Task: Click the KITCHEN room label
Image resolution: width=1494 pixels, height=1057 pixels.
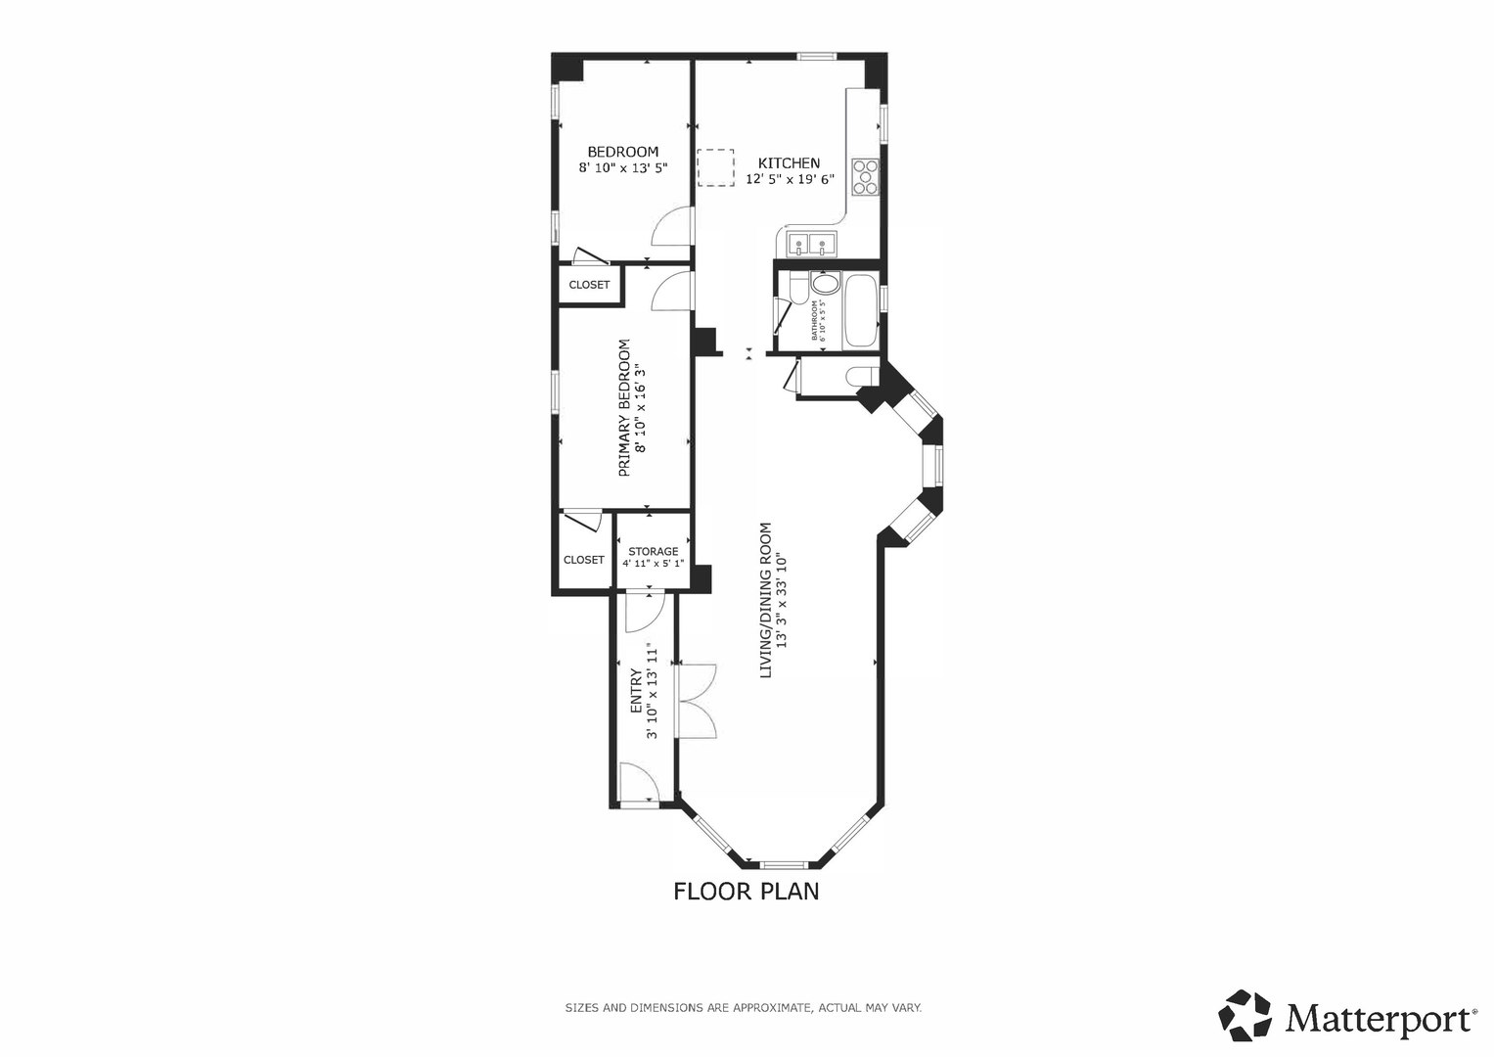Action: pos(790,163)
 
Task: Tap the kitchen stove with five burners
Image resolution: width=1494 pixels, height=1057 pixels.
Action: pos(866,177)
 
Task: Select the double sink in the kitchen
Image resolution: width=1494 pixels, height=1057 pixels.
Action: pos(810,243)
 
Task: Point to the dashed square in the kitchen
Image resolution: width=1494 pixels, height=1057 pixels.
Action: pos(715,166)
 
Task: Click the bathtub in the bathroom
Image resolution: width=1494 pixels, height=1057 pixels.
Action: pos(861,311)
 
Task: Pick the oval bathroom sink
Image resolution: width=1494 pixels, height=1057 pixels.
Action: pos(826,285)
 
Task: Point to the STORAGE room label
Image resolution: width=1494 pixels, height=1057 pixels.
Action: pos(653,551)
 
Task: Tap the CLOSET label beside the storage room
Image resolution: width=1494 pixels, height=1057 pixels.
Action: pos(583,560)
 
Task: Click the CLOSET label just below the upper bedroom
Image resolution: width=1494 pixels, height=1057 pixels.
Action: pos(589,285)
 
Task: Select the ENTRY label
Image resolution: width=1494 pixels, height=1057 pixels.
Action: pos(636,691)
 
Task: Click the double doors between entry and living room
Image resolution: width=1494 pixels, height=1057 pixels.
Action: pos(697,700)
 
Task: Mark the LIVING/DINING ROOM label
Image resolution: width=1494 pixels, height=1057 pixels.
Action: pos(766,600)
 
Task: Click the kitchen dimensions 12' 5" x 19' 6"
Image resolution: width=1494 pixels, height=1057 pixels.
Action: pos(790,179)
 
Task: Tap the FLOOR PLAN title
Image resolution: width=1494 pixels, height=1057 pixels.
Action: pos(746,892)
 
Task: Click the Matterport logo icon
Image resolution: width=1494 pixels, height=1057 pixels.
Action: pos(1245,1015)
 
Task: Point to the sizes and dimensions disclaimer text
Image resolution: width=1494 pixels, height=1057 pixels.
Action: pos(743,1007)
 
